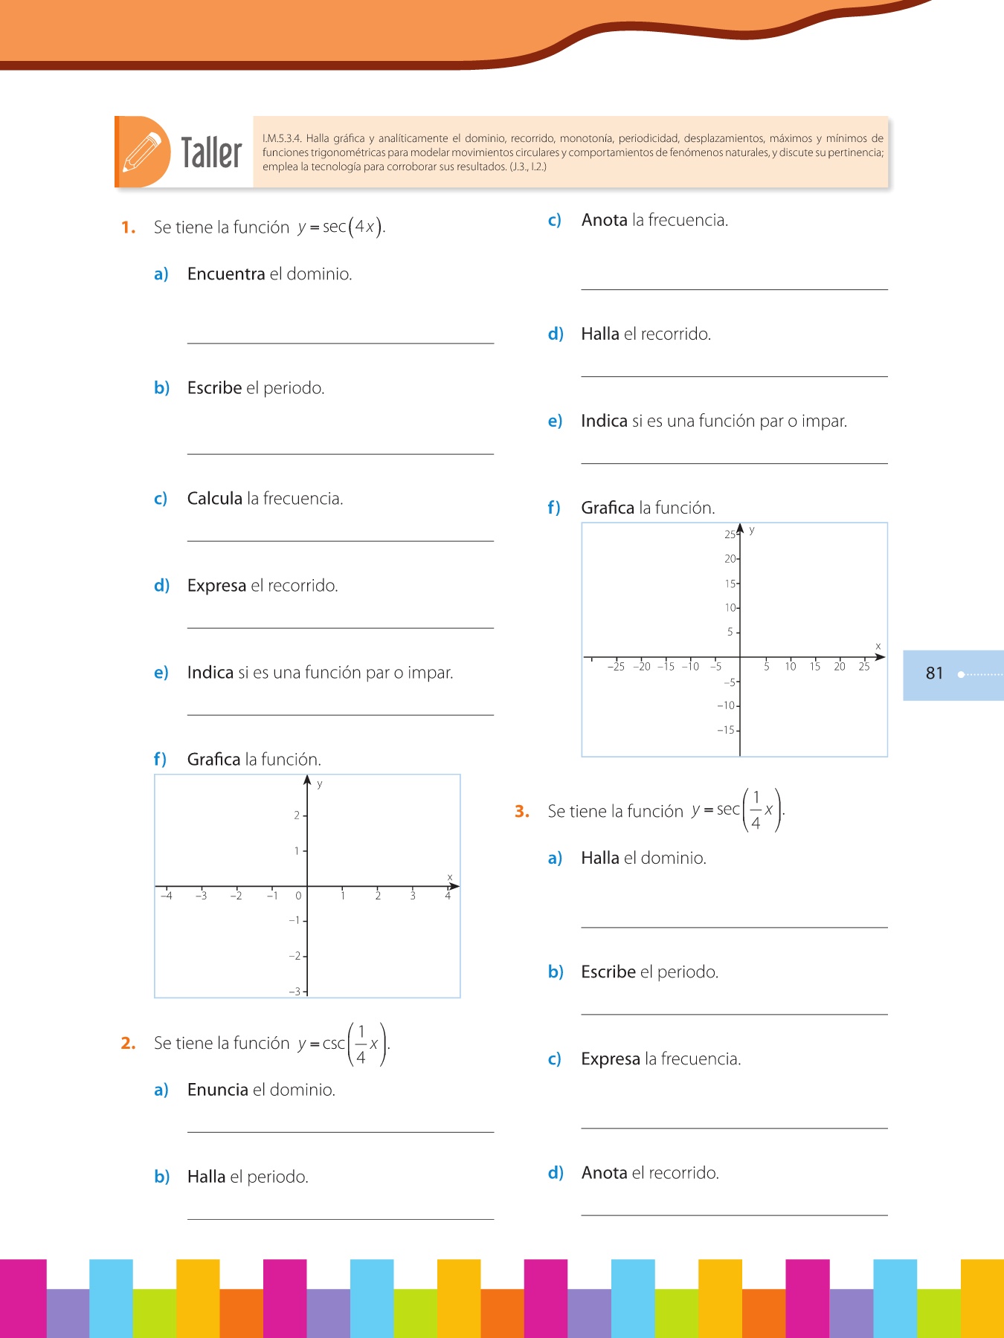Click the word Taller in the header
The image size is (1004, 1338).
tap(212, 153)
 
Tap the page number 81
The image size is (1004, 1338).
tap(934, 673)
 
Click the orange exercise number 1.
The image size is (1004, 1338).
tap(128, 227)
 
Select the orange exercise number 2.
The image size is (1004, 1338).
tap(128, 1044)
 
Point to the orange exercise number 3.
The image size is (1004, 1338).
tap(522, 812)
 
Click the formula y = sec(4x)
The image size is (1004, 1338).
tap(341, 227)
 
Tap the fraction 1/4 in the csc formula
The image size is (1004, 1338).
tap(361, 1044)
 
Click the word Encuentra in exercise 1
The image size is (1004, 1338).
tap(226, 274)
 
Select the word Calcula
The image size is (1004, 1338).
tap(215, 499)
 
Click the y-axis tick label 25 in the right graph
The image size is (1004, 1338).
tap(730, 534)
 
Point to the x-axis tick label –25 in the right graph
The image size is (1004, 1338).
tap(616, 667)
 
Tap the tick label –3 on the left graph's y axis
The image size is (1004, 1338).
tap(295, 992)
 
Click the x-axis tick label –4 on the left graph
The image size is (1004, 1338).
tap(167, 896)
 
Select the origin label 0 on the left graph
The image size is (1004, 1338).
tap(298, 896)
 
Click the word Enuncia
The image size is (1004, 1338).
tap(218, 1090)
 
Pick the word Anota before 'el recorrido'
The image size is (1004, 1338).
tap(605, 1173)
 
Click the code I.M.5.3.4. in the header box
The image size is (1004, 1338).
tap(282, 138)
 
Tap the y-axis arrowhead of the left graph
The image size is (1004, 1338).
tap(307, 780)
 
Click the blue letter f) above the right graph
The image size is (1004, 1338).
tap(554, 508)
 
